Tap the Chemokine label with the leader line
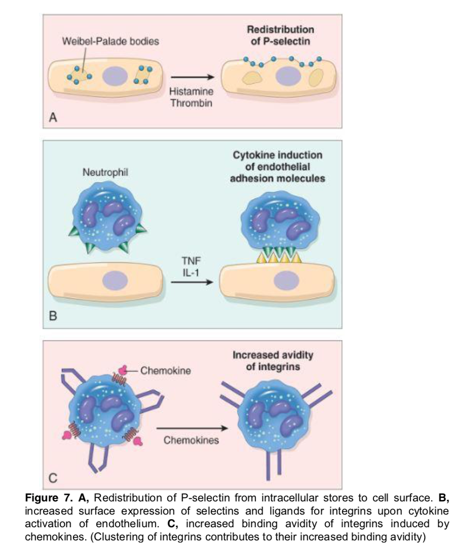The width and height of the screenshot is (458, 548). pyautogui.click(x=165, y=370)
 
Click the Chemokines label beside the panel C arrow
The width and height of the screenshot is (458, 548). pyautogui.click(x=191, y=440)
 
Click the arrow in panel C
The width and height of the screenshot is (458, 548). pyautogui.click(x=191, y=427)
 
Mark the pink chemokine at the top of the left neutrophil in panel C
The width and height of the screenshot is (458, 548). pyautogui.click(x=122, y=370)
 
